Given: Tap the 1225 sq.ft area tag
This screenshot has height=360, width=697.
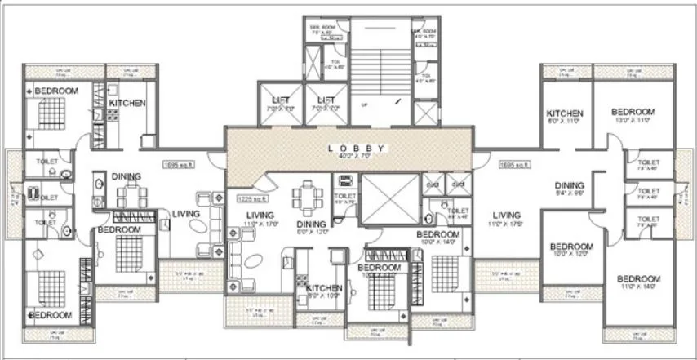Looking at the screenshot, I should coord(252,198).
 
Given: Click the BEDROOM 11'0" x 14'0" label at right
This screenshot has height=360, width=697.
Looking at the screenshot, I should coord(638,282).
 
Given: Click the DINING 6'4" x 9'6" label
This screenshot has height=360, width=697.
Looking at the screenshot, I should coord(570,189).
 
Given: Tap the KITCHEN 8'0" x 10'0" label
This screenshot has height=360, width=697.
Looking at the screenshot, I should coord(323,291).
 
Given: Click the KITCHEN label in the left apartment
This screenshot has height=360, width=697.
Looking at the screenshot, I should coord(127,104).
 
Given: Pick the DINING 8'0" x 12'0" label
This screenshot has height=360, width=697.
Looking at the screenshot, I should coord(311,226).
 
